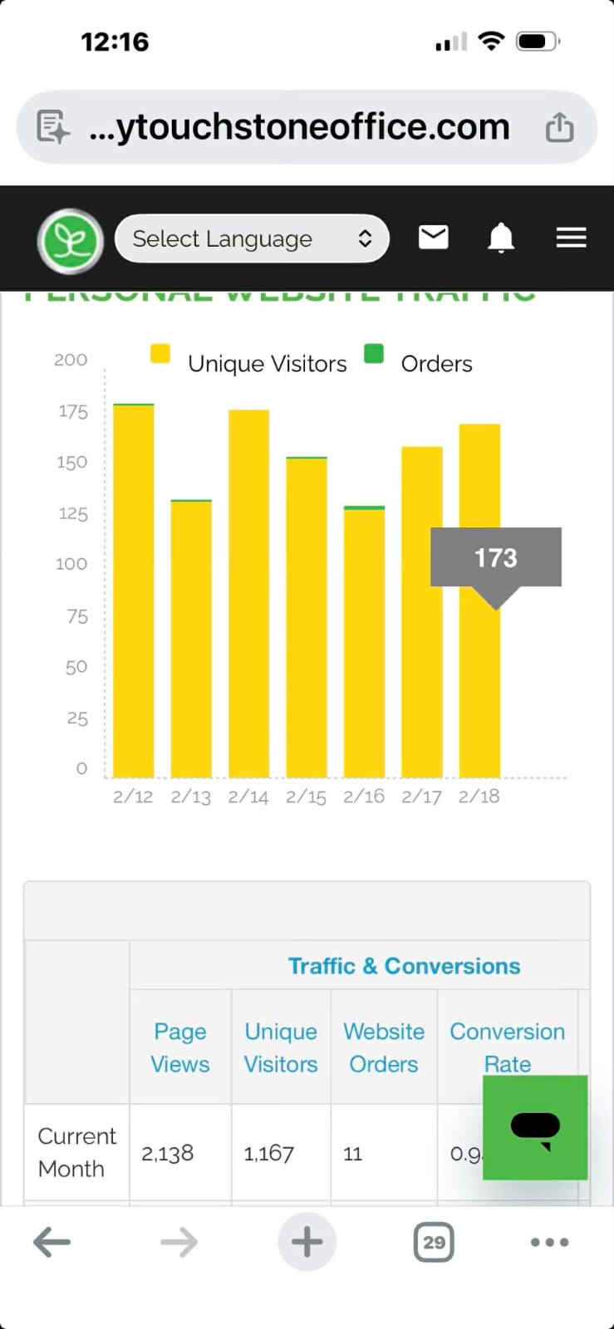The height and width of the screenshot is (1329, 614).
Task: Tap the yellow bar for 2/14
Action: pos(248,594)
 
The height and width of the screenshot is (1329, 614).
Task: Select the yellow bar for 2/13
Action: pos(191,639)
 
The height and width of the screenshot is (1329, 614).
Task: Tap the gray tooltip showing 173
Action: pos(495,557)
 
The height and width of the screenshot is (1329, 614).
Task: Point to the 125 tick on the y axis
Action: pos(73,513)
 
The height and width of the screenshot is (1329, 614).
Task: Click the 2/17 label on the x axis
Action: pos(421,797)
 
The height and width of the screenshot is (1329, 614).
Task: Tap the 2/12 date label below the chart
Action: pos(133,797)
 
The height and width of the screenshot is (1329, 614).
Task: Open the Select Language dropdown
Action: pos(252,239)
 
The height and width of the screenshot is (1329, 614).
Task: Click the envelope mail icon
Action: pos(433,238)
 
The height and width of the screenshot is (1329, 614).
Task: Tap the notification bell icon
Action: pos(500,238)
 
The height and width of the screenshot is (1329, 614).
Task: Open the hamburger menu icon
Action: pos(571,238)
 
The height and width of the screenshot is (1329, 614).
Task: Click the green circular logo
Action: pos(71,241)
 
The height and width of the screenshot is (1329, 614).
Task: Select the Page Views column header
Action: pos(180,1047)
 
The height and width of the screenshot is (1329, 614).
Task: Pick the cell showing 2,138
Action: pos(168,1153)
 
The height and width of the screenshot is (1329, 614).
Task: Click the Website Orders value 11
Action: pos(353,1153)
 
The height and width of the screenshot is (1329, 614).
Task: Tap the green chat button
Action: pos(535,1127)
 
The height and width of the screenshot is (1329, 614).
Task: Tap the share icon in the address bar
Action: pos(559,127)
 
